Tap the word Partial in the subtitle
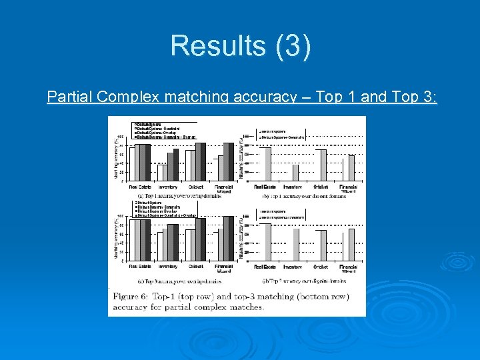[70, 97]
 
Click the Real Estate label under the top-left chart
[139, 187]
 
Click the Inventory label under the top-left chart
[167, 187]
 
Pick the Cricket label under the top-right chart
[321, 187]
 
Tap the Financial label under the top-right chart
[348, 187]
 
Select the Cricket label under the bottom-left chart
[195, 267]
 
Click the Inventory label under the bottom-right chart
[293, 267]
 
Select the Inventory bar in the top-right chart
[295, 173]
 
